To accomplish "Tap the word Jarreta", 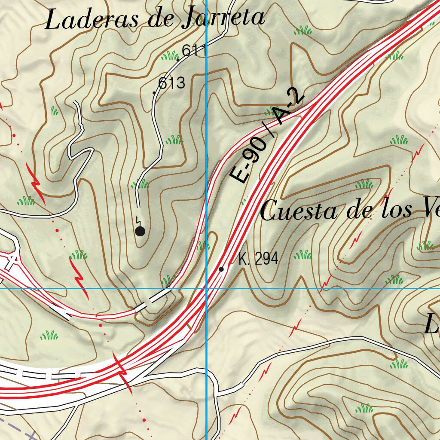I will tap(223, 18).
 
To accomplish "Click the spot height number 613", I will tap(171, 83).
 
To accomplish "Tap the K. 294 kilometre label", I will tap(258, 259).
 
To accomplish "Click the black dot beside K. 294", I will tap(221, 269).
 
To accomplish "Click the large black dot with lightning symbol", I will tap(140, 232).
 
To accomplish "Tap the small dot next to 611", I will tap(178, 60).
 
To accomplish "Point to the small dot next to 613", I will tap(154, 92).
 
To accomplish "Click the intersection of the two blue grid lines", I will tap(207, 288).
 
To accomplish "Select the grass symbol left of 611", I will tap(170, 55).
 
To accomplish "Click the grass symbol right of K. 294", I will tap(302, 255).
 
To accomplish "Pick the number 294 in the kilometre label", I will tap(266, 259).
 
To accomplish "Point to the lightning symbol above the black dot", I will tap(137, 220).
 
